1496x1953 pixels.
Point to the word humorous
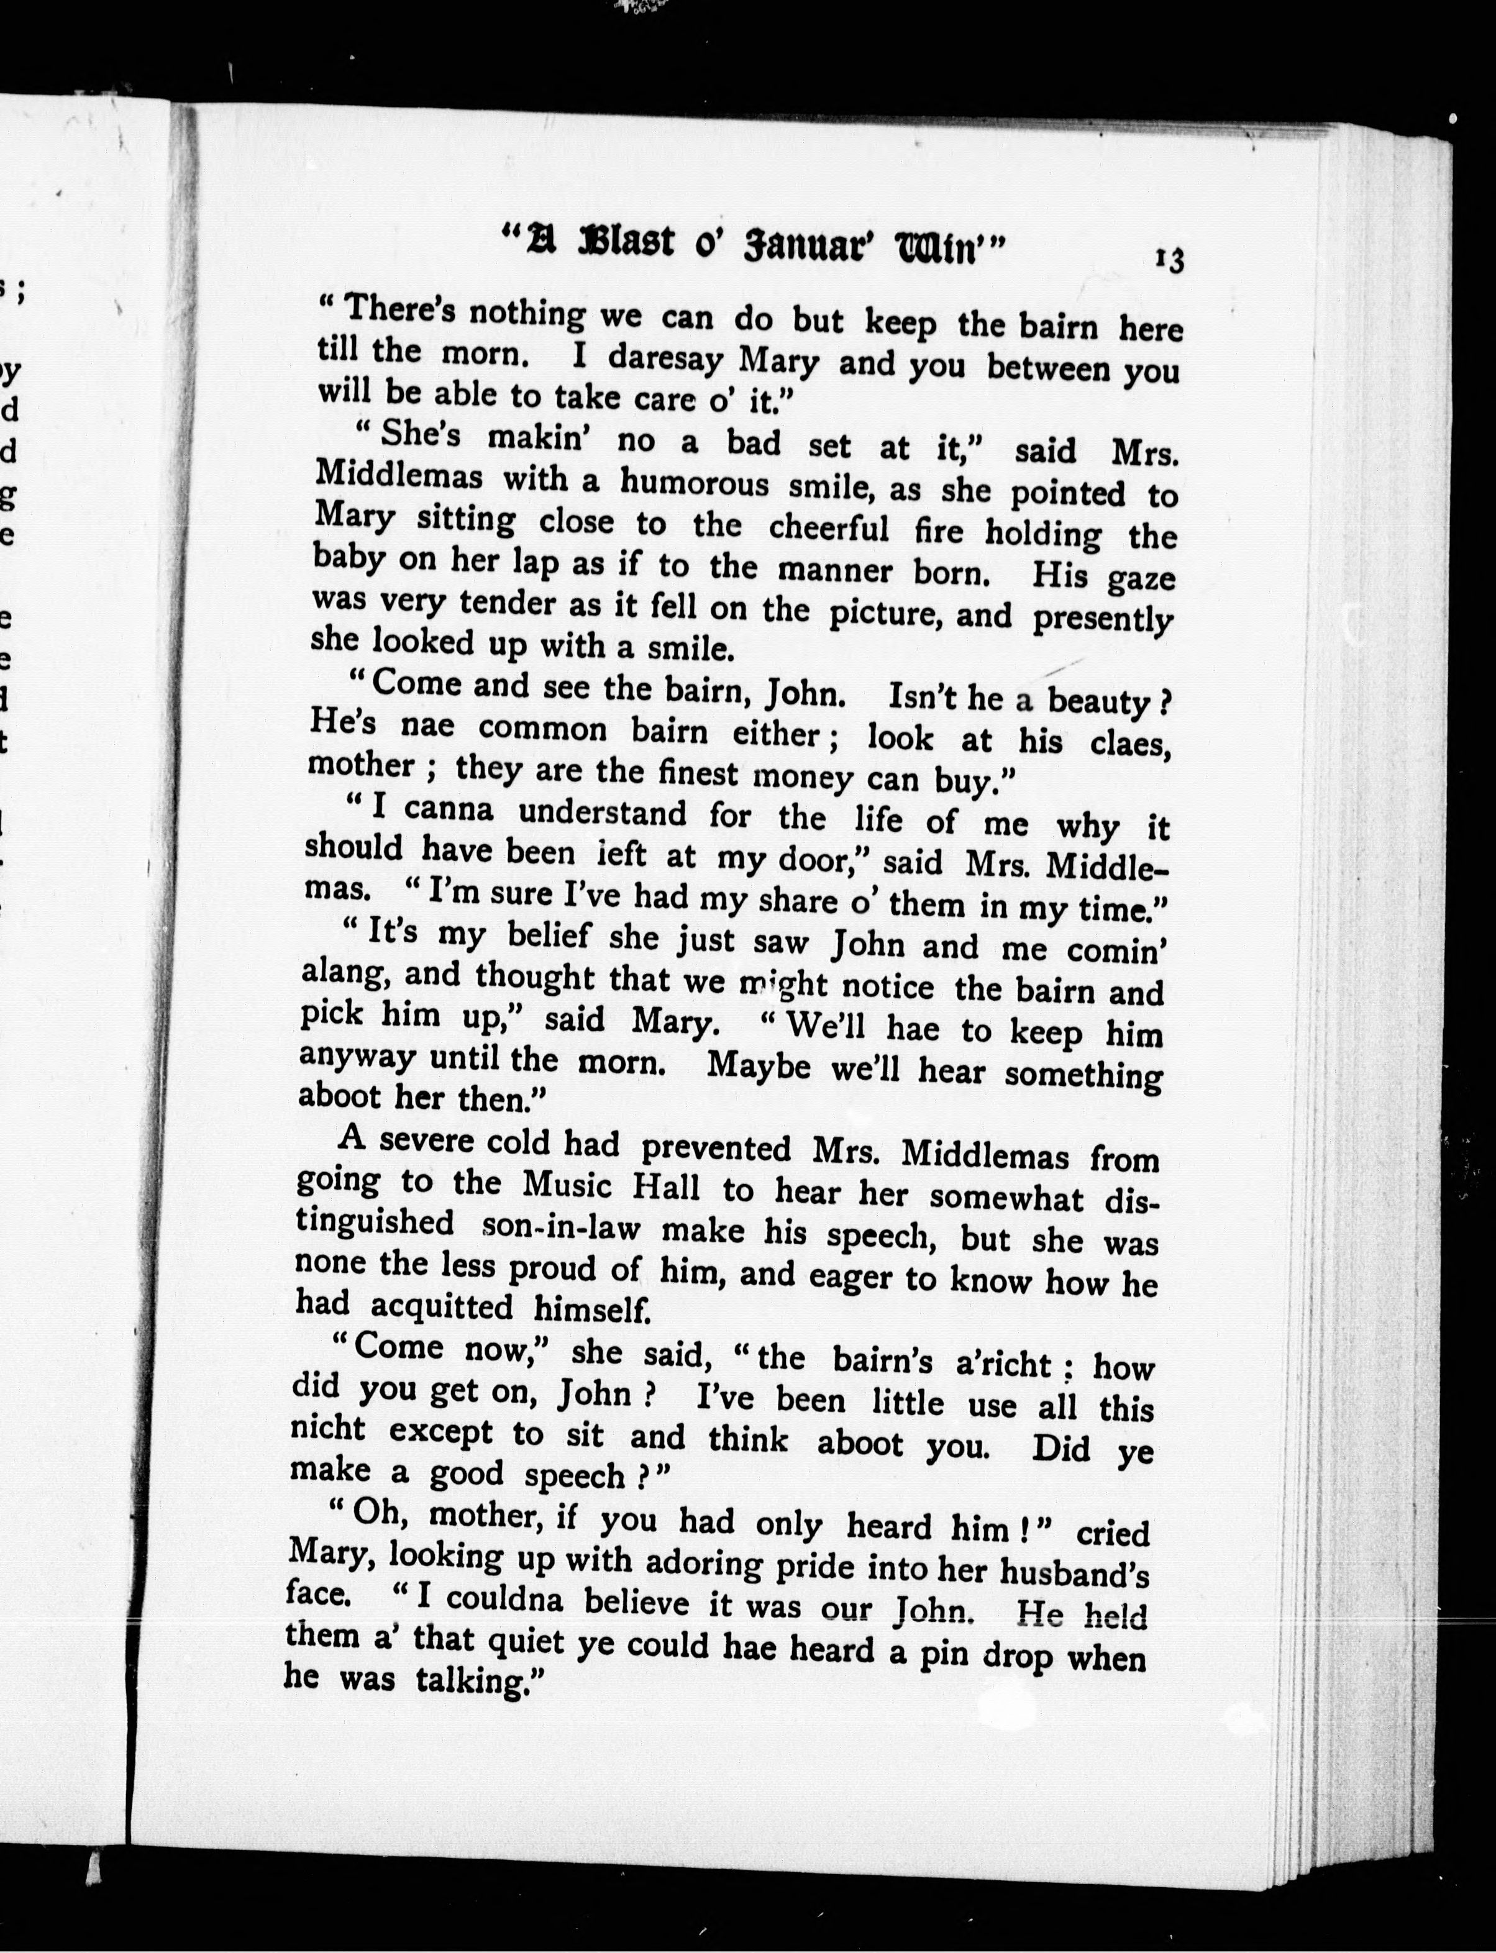pos(695,485)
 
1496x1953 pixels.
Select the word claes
pos(1129,742)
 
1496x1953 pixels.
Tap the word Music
pos(568,1186)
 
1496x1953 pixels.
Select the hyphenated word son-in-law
pos(560,1227)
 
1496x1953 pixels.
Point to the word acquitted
pos(441,1306)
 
